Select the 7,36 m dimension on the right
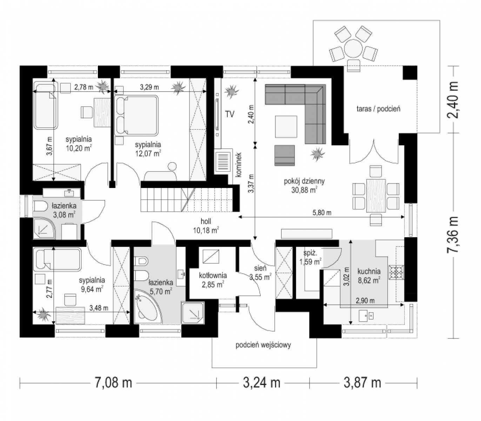tap(453, 234)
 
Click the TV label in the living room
tap(229, 114)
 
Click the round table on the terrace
tap(353, 49)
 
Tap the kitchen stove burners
tap(396, 273)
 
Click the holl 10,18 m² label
tap(206, 226)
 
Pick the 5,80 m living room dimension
tap(322, 213)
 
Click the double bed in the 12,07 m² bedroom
tap(136, 115)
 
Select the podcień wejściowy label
tap(263, 345)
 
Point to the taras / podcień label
tap(378, 109)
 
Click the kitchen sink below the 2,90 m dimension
tap(366, 315)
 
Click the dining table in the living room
tap(376, 195)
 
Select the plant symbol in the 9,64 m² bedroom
tap(43, 314)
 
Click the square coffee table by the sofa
tap(286, 126)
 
